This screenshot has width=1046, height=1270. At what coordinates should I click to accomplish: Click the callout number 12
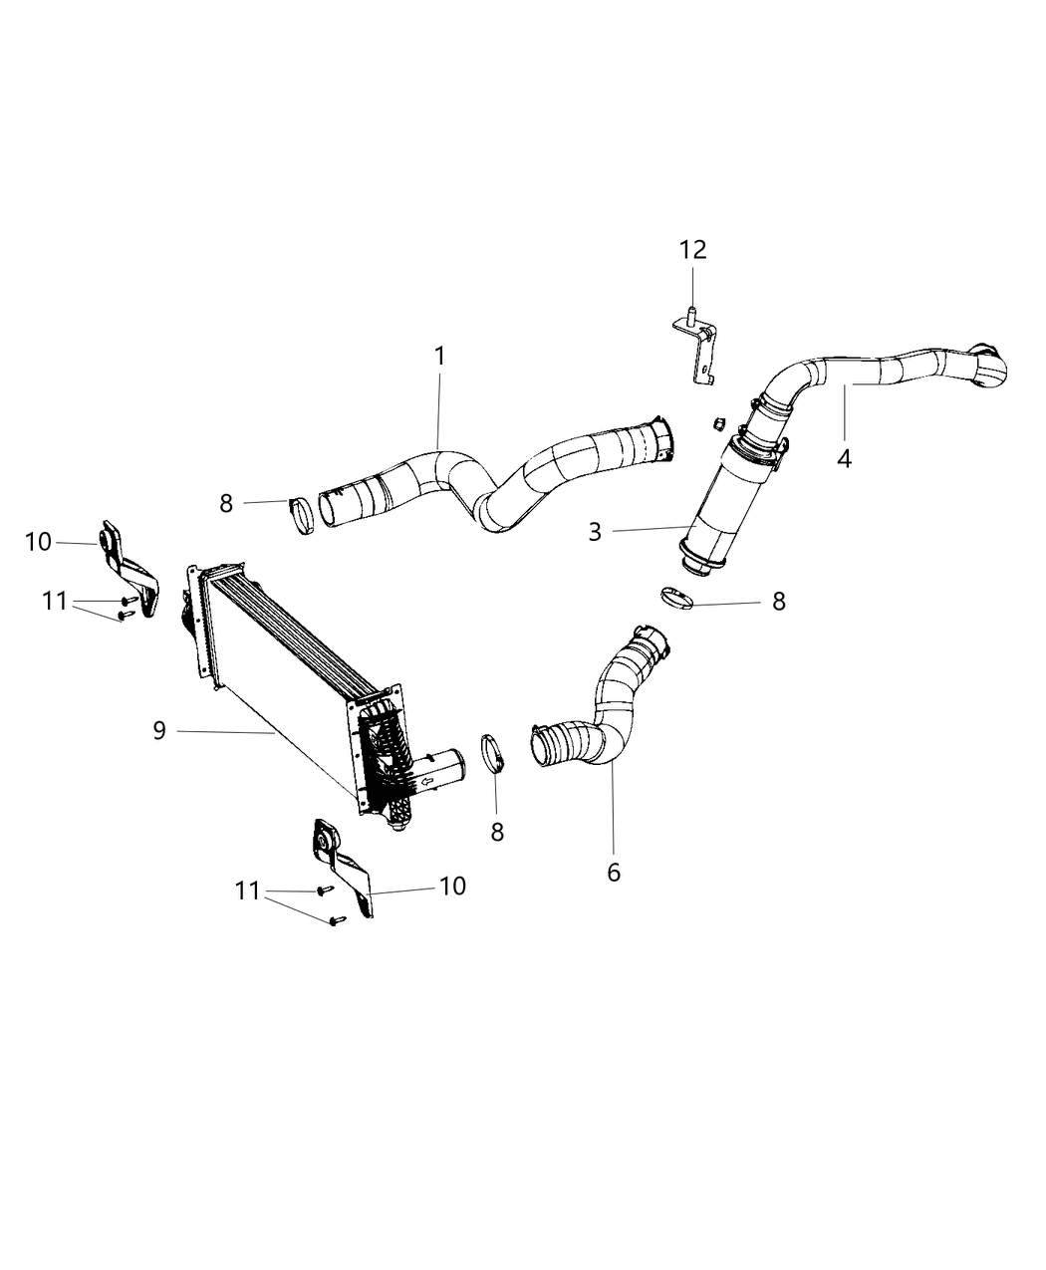(693, 250)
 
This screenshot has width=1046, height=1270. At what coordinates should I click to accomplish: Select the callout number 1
(439, 356)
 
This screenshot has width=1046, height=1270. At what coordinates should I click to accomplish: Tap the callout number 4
(844, 459)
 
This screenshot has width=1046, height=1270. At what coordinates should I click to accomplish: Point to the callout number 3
(595, 532)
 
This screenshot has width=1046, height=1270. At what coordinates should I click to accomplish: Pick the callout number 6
(614, 872)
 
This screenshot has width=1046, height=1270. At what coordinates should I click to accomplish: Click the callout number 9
(159, 731)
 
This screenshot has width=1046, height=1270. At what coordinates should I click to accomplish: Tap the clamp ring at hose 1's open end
(301, 512)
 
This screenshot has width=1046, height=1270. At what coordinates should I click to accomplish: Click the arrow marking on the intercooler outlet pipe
(429, 783)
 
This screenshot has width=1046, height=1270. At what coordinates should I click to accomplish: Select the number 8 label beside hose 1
(226, 504)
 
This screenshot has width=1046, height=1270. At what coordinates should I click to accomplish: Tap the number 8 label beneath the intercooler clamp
(497, 832)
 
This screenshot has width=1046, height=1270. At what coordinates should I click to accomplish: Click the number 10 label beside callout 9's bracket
(452, 886)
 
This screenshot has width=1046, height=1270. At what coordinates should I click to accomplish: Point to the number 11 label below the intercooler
(247, 891)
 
